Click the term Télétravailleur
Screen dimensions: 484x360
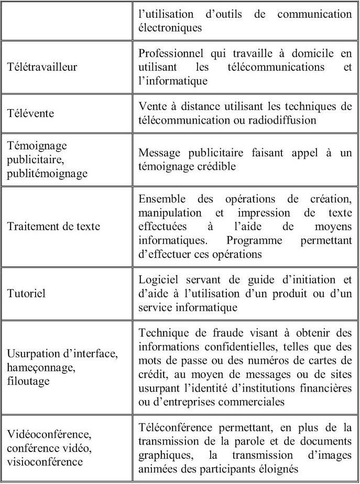[41, 68]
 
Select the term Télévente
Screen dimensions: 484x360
[30, 113]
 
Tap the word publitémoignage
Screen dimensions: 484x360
[48, 174]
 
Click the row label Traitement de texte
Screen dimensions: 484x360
[53, 227]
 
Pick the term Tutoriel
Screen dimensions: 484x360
[26, 293]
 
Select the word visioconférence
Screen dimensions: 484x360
[45, 461]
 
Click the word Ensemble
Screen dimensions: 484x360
[160, 199]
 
